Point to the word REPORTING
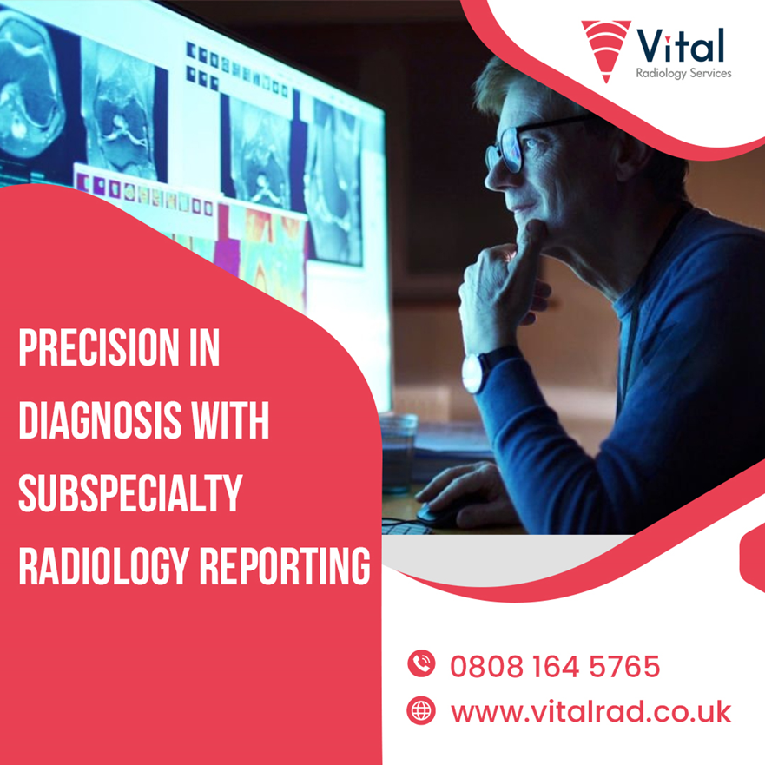click(x=285, y=565)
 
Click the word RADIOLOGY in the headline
click(x=103, y=565)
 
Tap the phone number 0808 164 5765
click(x=555, y=666)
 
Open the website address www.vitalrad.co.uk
click(x=590, y=712)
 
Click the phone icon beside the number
click(x=421, y=663)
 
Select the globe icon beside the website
click(x=421, y=710)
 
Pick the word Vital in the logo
click(x=681, y=45)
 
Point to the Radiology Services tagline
click(x=683, y=73)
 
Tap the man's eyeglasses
click(x=527, y=143)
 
